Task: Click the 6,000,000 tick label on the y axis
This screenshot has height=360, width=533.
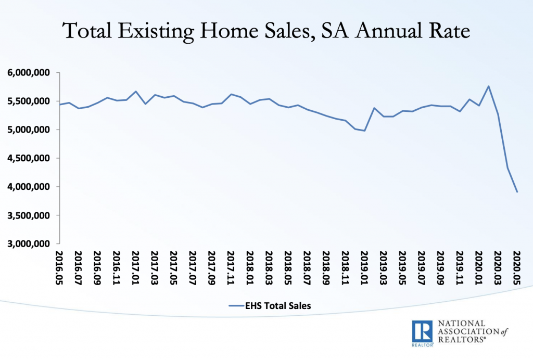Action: pyautogui.click(x=31, y=72)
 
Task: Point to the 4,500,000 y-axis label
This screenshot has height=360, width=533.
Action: pyautogui.click(x=31, y=158)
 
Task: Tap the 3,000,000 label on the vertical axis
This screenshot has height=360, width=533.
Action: pyautogui.click(x=31, y=244)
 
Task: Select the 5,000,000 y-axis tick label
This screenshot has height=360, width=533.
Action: pyautogui.click(x=31, y=130)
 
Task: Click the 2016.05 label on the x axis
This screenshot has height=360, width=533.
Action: pyautogui.click(x=60, y=266)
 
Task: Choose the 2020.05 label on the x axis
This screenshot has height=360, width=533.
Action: pyautogui.click(x=517, y=266)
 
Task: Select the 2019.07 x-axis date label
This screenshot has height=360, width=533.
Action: pyautogui.click(x=422, y=266)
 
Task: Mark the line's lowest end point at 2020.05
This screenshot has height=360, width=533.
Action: pyautogui.click(x=517, y=192)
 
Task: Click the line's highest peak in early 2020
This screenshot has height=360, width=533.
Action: pyautogui.click(x=488, y=86)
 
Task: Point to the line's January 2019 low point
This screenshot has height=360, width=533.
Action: pyautogui.click(x=364, y=131)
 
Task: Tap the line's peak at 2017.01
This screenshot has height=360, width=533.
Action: pyautogui.click(x=136, y=92)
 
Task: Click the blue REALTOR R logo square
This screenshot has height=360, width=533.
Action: pyautogui.click(x=422, y=331)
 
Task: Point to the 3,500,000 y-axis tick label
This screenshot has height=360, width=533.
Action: pyautogui.click(x=31, y=215)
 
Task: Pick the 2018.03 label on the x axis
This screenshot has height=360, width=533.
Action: pyautogui.click(x=269, y=266)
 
